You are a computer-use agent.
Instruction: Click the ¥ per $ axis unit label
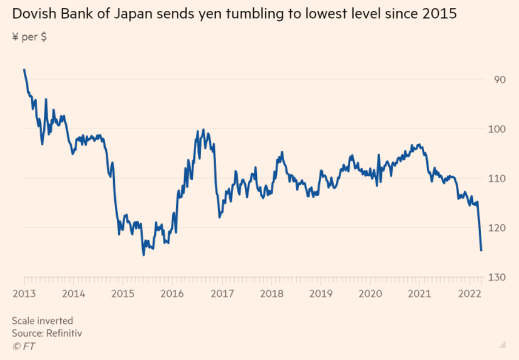(x=29, y=37)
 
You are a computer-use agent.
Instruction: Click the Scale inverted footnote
(x=43, y=321)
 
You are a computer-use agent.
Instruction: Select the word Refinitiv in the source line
(x=63, y=333)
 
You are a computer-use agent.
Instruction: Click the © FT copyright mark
(x=24, y=345)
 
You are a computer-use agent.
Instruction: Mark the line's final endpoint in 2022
(x=481, y=250)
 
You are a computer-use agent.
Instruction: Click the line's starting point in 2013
(x=24, y=69)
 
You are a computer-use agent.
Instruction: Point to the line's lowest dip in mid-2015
(x=143, y=255)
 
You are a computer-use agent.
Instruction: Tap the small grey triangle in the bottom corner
(x=502, y=344)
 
